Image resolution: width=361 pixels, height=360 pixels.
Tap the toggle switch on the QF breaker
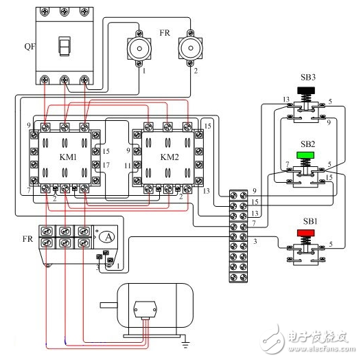pos(65,47)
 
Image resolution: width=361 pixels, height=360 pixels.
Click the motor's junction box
pos(145,310)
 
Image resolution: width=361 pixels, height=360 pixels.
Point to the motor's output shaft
pos(107,304)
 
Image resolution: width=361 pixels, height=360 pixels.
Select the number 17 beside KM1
pos(106,165)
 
